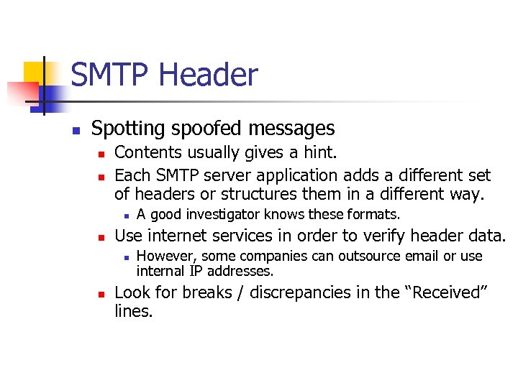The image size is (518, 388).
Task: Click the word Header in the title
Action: pyautogui.click(x=208, y=75)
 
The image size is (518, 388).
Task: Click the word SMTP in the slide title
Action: pyautogui.click(x=111, y=75)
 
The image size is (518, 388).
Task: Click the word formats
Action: pyautogui.click(x=375, y=214)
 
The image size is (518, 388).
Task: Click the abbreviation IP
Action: pyautogui.click(x=196, y=271)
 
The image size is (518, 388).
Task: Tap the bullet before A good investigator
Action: pyautogui.click(x=125, y=215)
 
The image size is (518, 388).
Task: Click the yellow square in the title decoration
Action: pyautogui.click(x=34, y=72)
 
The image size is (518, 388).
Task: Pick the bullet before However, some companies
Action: pyautogui.click(x=125, y=257)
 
